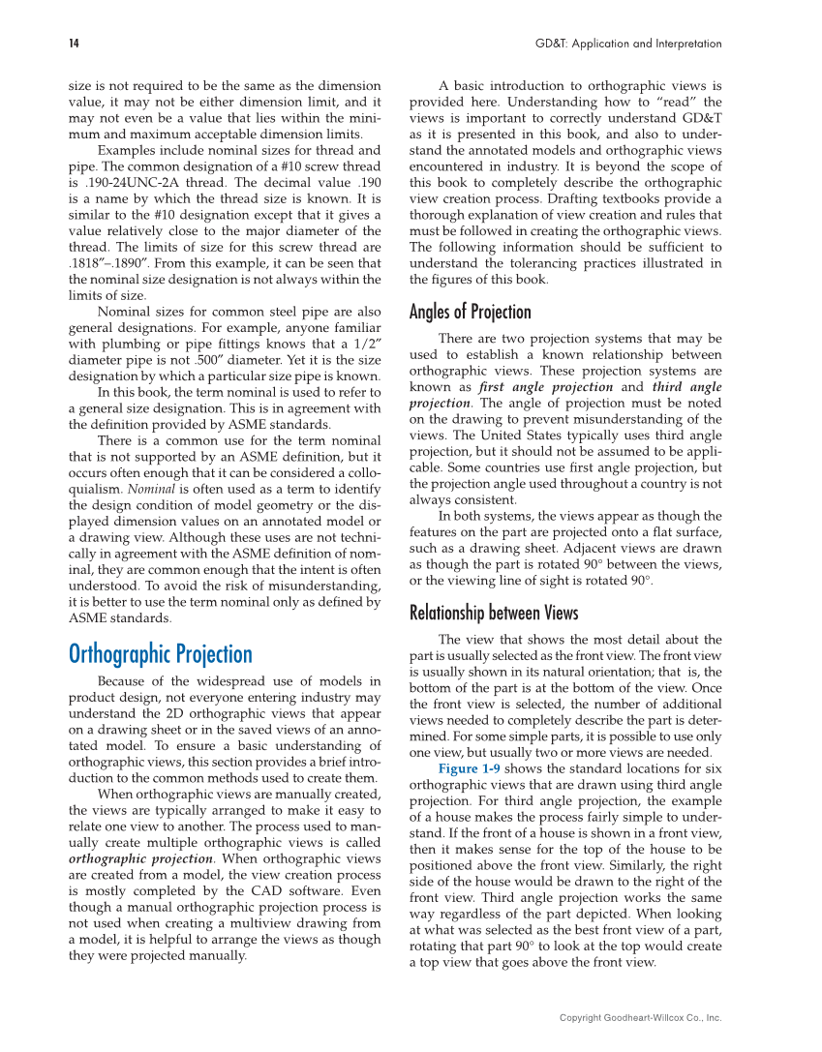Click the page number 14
[74, 44]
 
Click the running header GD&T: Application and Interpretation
[628, 44]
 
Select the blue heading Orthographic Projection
[160, 654]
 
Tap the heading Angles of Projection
[470, 312]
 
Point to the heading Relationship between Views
[494, 613]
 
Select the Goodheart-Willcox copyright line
[641, 1017]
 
